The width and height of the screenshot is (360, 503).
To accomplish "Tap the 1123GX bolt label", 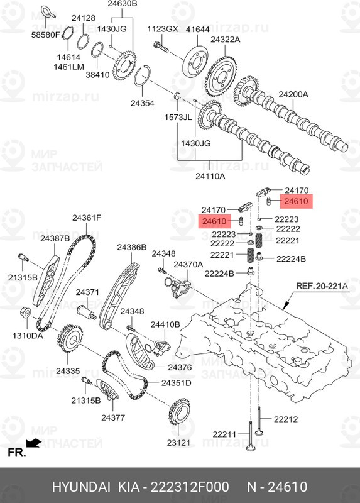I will point(162,29).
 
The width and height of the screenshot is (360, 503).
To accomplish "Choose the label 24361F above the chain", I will point(86,218).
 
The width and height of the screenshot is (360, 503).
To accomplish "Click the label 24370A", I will point(188,265).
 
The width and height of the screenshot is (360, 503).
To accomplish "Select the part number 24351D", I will point(176,383).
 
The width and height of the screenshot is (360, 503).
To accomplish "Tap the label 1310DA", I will point(28,336).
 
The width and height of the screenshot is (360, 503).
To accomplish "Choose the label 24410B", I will point(165,324).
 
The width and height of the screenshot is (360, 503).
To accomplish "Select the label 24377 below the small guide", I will point(114,417).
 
